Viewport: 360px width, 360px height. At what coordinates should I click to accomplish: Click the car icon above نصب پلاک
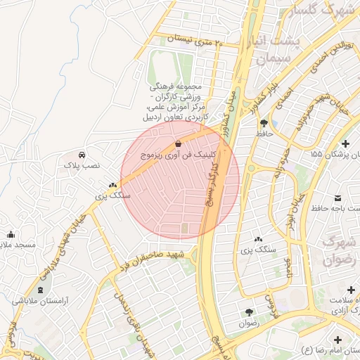point(83,154)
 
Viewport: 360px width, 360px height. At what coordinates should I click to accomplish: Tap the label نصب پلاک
point(83,165)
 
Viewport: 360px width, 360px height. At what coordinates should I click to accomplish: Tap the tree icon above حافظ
point(264,122)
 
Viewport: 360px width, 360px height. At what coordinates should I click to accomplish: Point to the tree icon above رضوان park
point(249,312)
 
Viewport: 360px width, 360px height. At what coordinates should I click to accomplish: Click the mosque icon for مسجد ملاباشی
point(10,234)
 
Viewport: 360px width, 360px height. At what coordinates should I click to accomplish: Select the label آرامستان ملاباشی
point(39,300)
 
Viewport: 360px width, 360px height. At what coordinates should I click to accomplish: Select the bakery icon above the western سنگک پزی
point(113,186)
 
